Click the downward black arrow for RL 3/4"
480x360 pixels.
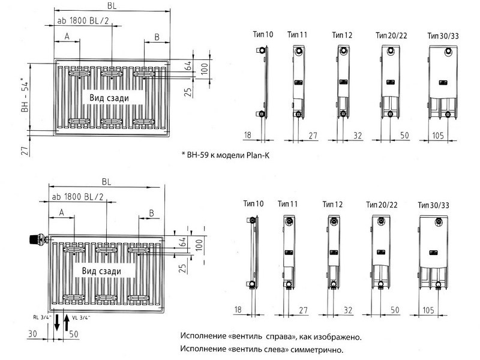(x=57, y=323)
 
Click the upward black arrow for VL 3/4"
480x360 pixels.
(x=67, y=322)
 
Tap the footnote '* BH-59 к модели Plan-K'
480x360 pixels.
(x=226, y=155)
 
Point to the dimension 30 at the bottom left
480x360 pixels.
(x=32, y=333)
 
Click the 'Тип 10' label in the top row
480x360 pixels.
(x=263, y=34)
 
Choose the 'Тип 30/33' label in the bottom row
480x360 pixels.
(x=433, y=205)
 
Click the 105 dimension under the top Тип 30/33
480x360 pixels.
(x=438, y=135)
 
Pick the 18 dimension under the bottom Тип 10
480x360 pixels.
(x=238, y=309)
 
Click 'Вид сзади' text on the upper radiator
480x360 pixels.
(x=109, y=98)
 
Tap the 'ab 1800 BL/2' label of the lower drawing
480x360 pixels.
(x=78, y=197)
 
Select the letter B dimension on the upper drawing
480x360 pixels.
(x=157, y=37)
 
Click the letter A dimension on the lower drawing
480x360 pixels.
(x=62, y=212)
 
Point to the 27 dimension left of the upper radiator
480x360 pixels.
(x=25, y=151)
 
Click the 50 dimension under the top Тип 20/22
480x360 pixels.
(x=404, y=135)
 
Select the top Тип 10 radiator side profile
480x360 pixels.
(x=263, y=82)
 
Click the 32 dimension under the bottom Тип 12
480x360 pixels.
(x=348, y=310)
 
